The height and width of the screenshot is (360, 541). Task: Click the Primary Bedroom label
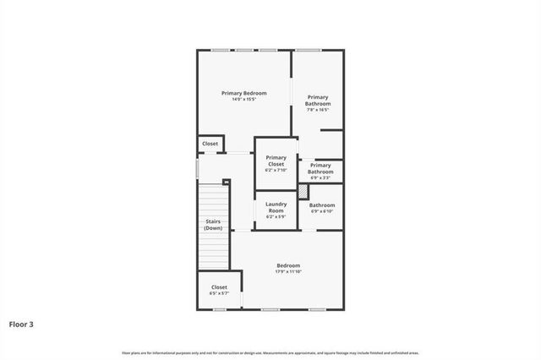pyautogui.click(x=244, y=93)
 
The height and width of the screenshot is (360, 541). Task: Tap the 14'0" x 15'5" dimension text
pyautogui.click(x=244, y=100)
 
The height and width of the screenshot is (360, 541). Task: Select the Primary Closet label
pyautogui.click(x=276, y=161)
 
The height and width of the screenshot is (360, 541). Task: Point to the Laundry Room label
pyautogui.click(x=276, y=208)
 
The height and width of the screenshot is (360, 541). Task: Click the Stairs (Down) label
pyautogui.click(x=213, y=225)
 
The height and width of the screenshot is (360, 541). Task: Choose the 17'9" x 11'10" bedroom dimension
pyautogui.click(x=287, y=272)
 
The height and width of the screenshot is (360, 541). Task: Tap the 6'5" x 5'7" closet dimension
pyautogui.click(x=219, y=293)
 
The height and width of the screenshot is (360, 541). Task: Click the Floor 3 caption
pyautogui.click(x=22, y=324)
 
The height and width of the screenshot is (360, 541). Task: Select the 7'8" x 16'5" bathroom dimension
pyautogui.click(x=319, y=110)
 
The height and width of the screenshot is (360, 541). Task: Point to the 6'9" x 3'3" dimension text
pyautogui.click(x=320, y=177)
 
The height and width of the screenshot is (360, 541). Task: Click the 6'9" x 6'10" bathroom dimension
pyautogui.click(x=322, y=211)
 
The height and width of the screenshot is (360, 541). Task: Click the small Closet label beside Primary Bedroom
pyautogui.click(x=210, y=144)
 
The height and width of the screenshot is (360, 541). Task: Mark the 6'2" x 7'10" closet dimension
pyautogui.click(x=276, y=171)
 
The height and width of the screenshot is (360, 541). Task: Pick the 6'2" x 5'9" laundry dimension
pyautogui.click(x=276, y=217)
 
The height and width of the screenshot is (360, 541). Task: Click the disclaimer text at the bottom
pyautogui.click(x=270, y=352)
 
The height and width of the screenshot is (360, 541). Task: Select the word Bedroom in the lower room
pyautogui.click(x=287, y=265)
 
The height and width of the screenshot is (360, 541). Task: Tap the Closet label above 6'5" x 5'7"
pyautogui.click(x=219, y=287)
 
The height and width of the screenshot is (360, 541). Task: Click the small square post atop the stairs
pyautogui.click(x=226, y=182)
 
